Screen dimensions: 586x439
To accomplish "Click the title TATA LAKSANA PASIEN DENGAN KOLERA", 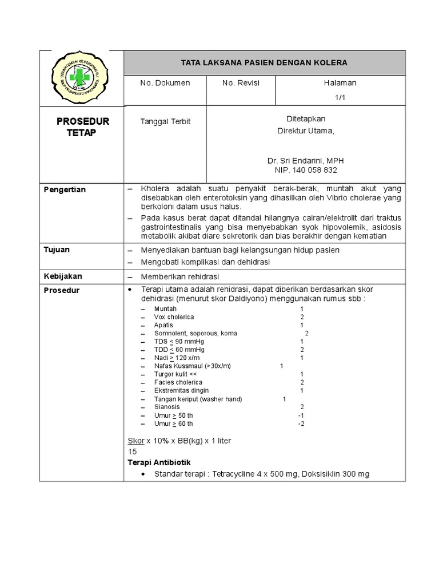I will pyautogui.click(x=264, y=62).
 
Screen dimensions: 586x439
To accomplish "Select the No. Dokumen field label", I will pyautogui.click(x=165, y=83).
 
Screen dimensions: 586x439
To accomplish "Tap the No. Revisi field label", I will pyautogui.click(x=241, y=83).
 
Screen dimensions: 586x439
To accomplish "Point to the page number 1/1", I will pyautogui.click(x=341, y=97).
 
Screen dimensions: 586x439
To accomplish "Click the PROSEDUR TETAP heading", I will pyautogui.click(x=82, y=127).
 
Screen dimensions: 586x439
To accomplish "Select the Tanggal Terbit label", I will pyautogui.click(x=165, y=121).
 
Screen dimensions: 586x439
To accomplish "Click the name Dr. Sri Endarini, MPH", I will pyautogui.click(x=306, y=161).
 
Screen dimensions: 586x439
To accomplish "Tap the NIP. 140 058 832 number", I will pyautogui.click(x=306, y=170).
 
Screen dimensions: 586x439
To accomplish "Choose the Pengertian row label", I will pyautogui.click(x=65, y=189).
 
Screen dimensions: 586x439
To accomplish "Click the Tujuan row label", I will pyautogui.click(x=57, y=250).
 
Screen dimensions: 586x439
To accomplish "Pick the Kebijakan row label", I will pyautogui.click(x=63, y=276).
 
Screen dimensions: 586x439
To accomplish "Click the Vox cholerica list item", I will pyautogui.click(x=174, y=317).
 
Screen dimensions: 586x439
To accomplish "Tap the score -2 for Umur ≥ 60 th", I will pyautogui.click(x=301, y=424).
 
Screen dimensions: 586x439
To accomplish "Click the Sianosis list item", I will pyautogui.click(x=167, y=407).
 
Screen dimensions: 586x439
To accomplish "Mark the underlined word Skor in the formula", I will pyautogui.click(x=135, y=441).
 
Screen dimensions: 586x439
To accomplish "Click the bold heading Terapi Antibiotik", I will pyautogui.click(x=158, y=462).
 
